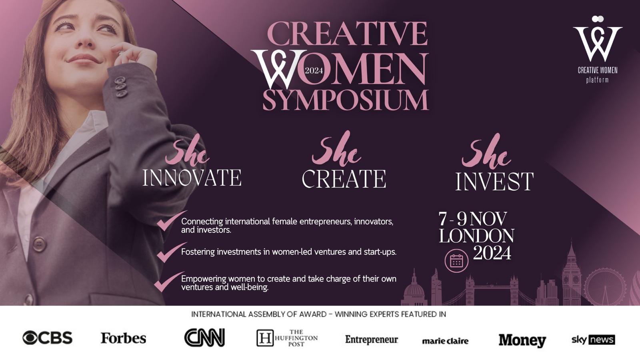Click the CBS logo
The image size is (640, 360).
click(48, 338)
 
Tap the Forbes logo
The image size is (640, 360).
click(124, 338)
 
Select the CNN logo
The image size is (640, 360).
click(204, 338)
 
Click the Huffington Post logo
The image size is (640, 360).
click(287, 338)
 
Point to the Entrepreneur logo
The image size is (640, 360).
click(372, 340)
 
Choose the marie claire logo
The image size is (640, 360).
click(445, 341)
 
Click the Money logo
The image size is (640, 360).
click(522, 340)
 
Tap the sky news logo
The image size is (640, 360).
click(593, 340)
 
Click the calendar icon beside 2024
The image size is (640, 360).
click(456, 260)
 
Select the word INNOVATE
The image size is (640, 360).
click(192, 178)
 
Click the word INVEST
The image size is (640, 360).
click(494, 181)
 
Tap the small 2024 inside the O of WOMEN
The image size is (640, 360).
click(314, 70)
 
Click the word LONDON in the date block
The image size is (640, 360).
click(476, 236)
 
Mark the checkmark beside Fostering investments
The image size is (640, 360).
click(171, 252)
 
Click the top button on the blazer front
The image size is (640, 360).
click(39, 244)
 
